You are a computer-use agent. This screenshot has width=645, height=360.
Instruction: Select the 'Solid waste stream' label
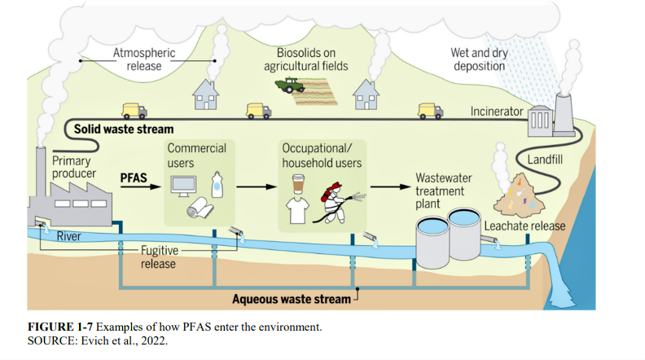[x=124, y=130]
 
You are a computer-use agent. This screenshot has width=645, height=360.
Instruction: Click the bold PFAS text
[x=133, y=176]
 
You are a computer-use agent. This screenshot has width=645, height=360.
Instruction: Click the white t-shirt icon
[x=298, y=210]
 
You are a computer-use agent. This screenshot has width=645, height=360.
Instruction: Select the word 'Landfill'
[x=546, y=159]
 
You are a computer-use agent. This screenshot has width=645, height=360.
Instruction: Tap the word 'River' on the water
[x=68, y=236]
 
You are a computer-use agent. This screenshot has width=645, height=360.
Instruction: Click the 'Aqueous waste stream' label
[x=292, y=299]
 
